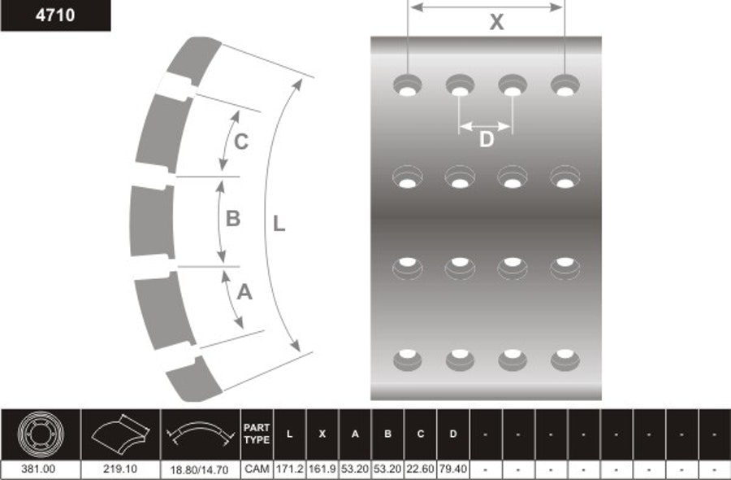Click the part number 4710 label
coord(55,15)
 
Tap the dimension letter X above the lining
coord(496,22)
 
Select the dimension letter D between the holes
coord(487,139)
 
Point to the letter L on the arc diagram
coord(279,224)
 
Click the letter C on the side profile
coord(241,141)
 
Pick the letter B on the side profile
coord(232,218)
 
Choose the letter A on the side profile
coord(244,292)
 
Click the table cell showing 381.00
coord(38,469)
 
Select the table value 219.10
coord(120,469)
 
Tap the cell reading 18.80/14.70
coord(200,469)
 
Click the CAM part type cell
coord(257,469)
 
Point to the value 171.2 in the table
coord(289,469)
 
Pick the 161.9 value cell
coord(322,469)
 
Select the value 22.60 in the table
coord(420,469)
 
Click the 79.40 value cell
coord(452,469)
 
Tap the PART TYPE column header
coord(257,434)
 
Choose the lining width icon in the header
coord(121,434)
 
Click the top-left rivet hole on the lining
coord(408,85)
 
